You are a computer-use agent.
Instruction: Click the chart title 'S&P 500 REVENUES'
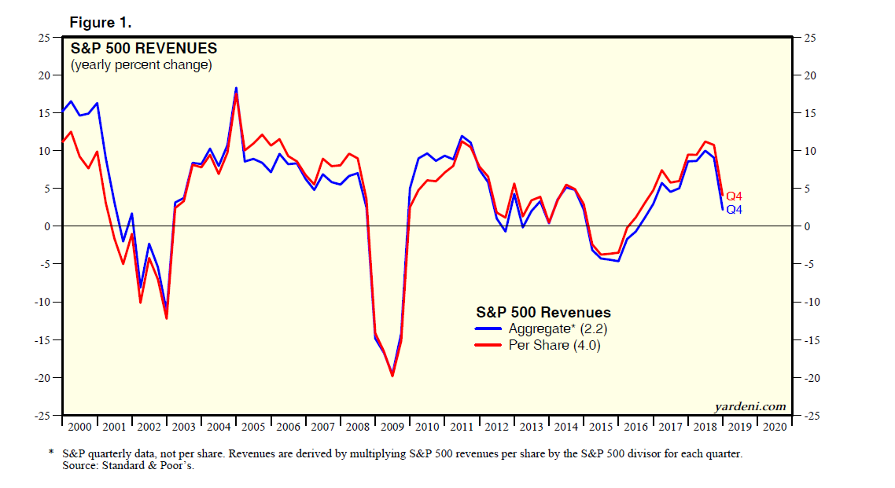[x=144, y=49]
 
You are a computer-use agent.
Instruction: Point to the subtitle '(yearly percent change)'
[x=142, y=65]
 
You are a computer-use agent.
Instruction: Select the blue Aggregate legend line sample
[x=489, y=329]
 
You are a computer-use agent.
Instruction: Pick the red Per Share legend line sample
[x=489, y=345]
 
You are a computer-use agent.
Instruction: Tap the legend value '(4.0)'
[x=587, y=345]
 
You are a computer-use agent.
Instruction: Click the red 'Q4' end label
[x=734, y=196]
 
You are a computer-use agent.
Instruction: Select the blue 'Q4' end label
[x=734, y=210]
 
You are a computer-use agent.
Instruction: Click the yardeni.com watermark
[x=750, y=406]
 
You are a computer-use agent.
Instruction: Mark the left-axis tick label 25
[x=45, y=37]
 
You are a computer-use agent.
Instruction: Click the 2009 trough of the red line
[x=392, y=376]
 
